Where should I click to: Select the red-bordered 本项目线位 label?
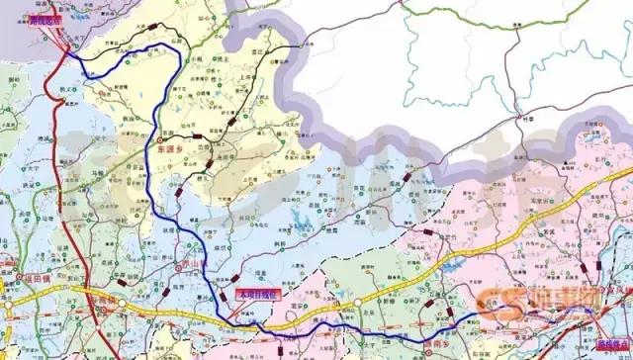point(260,294)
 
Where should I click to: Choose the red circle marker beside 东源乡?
point(158,146)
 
